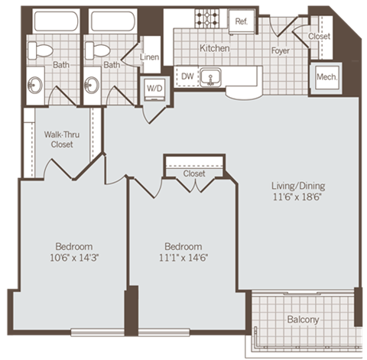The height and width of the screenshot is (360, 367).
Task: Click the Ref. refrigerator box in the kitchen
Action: pyautogui.click(x=242, y=21)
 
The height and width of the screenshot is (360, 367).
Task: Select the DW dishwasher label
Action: pyautogui.click(x=187, y=75)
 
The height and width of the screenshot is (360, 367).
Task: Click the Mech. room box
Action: pyautogui.click(x=326, y=76)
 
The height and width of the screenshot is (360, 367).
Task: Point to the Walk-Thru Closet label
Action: pyautogui.click(x=57, y=138)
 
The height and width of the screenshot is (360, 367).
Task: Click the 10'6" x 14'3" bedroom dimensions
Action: pyautogui.click(x=74, y=257)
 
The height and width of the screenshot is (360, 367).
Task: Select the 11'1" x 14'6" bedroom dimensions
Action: pyautogui.click(x=183, y=257)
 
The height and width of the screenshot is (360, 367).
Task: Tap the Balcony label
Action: pyautogui.click(x=304, y=319)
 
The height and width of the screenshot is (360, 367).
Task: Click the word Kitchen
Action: pyautogui.click(x=215, y=47)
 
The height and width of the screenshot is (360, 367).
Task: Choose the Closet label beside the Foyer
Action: pyautogui.click(x=320, y=36)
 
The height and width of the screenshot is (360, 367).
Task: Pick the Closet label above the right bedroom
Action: pyautogui.click(x=194, y=174)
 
